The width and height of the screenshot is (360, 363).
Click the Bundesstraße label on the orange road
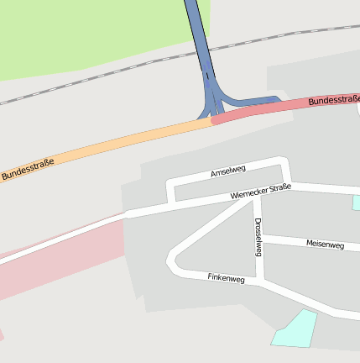(x=27, y=168)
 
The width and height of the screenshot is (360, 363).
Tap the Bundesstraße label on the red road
(x=334, y=101)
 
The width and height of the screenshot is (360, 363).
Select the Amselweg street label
(x=227, y=173)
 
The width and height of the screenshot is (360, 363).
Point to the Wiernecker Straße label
(x=261, y=192)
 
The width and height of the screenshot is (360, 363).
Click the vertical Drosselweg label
(x=258, y=237)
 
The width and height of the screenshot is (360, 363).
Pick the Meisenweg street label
(x=325, y=245)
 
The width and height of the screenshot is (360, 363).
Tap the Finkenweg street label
(x=226, y=278)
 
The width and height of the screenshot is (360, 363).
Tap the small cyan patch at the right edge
(x=357, y=203)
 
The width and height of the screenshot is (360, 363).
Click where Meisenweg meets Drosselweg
(x=259, y=239)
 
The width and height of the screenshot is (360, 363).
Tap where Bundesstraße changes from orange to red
(x=211, y=121)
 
